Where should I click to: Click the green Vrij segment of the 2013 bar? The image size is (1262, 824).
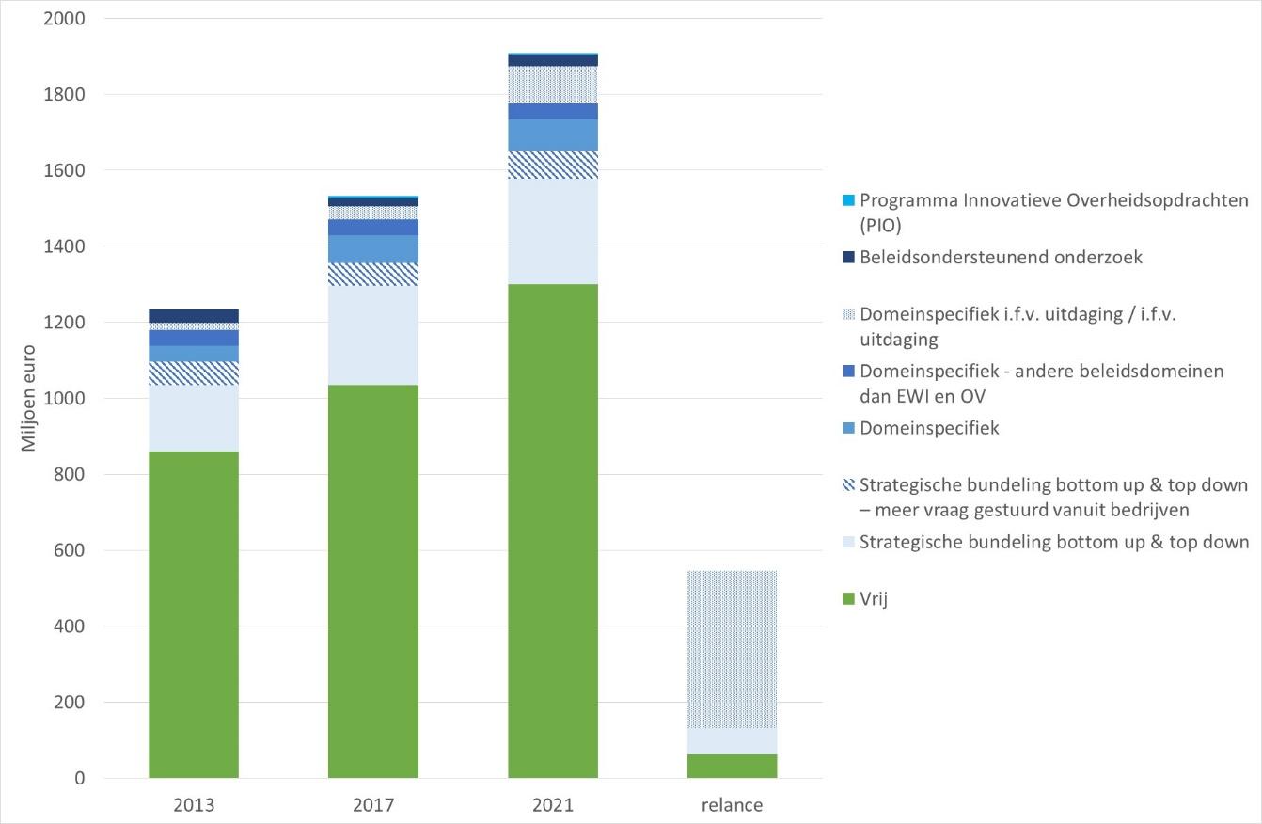pos(193,614)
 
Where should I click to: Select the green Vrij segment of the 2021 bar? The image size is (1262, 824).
pos(553,531)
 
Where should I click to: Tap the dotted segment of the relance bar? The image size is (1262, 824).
pos(732,649)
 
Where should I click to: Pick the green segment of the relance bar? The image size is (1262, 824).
pos(732,766)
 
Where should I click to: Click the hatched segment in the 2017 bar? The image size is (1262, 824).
pos(373,275)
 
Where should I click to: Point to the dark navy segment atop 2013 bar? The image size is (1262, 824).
pos(193,316)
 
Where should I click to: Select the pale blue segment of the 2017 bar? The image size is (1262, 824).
pos(373,336)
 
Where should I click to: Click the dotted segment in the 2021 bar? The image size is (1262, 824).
pos(553,85)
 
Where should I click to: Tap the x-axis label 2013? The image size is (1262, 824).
pos(194,805)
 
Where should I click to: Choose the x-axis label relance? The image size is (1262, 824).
pos(732,805)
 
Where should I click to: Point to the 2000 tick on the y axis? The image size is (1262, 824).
pos(64,18)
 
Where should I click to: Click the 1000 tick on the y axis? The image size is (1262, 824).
pos(64,398)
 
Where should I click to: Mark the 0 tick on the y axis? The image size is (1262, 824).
pos(79,778)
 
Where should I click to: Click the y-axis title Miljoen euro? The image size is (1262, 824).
pos(28,399)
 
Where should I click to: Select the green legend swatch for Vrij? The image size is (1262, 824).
pos(848,598)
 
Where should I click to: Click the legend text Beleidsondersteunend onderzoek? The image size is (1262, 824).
pos(1001,257)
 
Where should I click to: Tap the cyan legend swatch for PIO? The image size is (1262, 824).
pos(848,200)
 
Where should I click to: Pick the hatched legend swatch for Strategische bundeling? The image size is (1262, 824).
pos(848,484)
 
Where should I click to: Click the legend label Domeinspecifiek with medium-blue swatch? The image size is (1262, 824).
pos(929,428)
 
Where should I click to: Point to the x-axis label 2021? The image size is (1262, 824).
pos(553,805)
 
